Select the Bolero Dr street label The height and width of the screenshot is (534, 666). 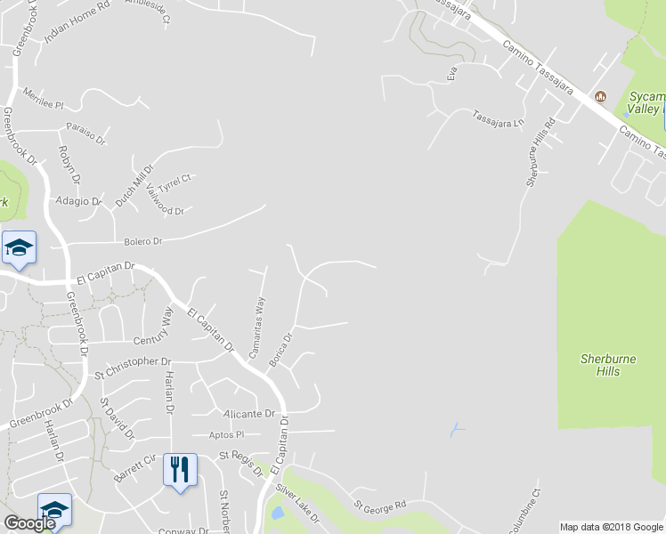[143, 241]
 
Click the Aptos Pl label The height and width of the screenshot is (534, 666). [226, 434]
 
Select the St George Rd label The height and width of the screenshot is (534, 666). [379, 506]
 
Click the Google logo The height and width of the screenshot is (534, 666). [29, 523]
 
